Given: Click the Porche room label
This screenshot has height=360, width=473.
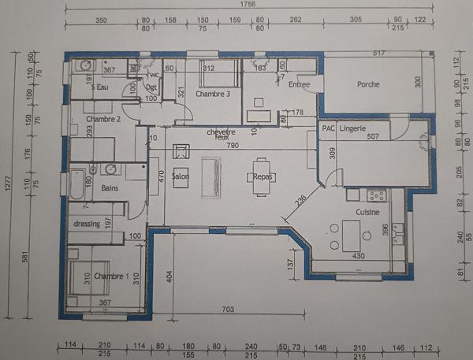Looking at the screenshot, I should pyautogui.click(x=368, y=84).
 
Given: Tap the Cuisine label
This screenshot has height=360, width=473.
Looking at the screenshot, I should pyautogui.click(x=368, y=212).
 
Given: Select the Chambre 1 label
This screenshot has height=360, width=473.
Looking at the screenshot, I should pyautogui.click(x=111, y=276).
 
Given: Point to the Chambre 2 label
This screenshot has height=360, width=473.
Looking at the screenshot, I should pyautogui.click(x=102, y=120).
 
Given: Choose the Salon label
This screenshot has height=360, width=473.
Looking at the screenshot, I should pyautogui.click(x=181, y=176).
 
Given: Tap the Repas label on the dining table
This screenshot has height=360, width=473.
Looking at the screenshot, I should pyautogui.click(x=263, y=176).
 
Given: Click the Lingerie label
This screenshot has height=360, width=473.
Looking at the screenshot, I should pyautogui.click(x=353, y=127).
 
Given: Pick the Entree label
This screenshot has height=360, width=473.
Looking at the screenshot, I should pyautogui.click(x=299, y=84).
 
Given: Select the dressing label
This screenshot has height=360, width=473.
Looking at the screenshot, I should pyautogui.click(x=87, y=225).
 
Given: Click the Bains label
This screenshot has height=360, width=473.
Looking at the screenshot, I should pyautogui.click(x=110, y=187).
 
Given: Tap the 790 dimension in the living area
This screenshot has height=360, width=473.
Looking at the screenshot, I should pyautogui.click(x=233, y=145).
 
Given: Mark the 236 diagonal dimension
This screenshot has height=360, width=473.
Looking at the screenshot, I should pyautogui.click(x=300, y=201).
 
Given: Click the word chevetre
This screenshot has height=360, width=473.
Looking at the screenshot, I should pyautogui.click(x=222, y=132).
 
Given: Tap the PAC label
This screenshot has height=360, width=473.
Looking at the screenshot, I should pyautogui.click(x=327, y=127).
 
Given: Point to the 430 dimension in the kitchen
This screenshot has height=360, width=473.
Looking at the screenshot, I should pyautogui.click(x=357, y=256).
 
